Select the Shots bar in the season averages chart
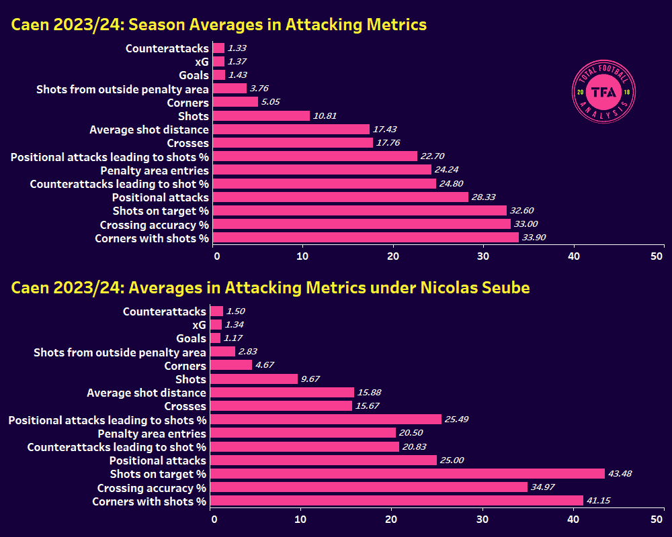(x=261, y=116)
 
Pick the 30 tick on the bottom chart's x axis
(x=481, y=519)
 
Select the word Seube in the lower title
(x=505, y=287)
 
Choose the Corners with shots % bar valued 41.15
(x=396, y=501)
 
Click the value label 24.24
(x=450, y=170)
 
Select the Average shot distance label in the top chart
(x=149, y=130)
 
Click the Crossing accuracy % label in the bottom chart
(x=151, y=487)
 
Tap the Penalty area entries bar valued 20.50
(x=304, y=434)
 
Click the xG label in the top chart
(x=200, y=62)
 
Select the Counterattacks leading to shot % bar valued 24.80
(x=325, y=183)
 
